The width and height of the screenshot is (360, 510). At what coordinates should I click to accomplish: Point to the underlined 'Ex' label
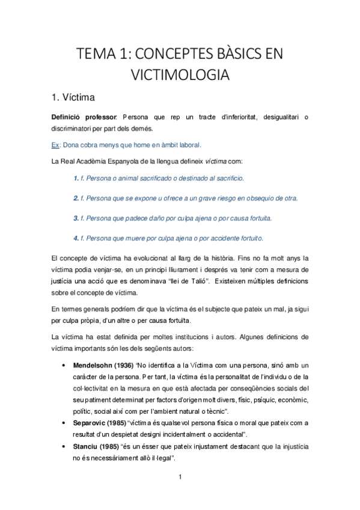click(x=55, y=145)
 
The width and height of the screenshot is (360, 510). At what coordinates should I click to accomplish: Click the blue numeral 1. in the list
click(x=76, y=179)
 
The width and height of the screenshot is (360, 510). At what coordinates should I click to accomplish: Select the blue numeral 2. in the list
click(x=76, y=198)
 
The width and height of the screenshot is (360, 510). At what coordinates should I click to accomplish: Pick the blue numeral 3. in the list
click(x=76, y=217)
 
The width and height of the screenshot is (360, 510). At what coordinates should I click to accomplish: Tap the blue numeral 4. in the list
click(x=76, y=237)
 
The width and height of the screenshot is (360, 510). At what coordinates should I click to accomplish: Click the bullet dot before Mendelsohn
click(x=64, y=366)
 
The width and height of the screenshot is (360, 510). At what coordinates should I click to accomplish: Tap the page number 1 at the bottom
click(x=180, y=478)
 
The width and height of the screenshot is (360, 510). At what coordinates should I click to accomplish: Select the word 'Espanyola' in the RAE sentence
click(x=126, y=161)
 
